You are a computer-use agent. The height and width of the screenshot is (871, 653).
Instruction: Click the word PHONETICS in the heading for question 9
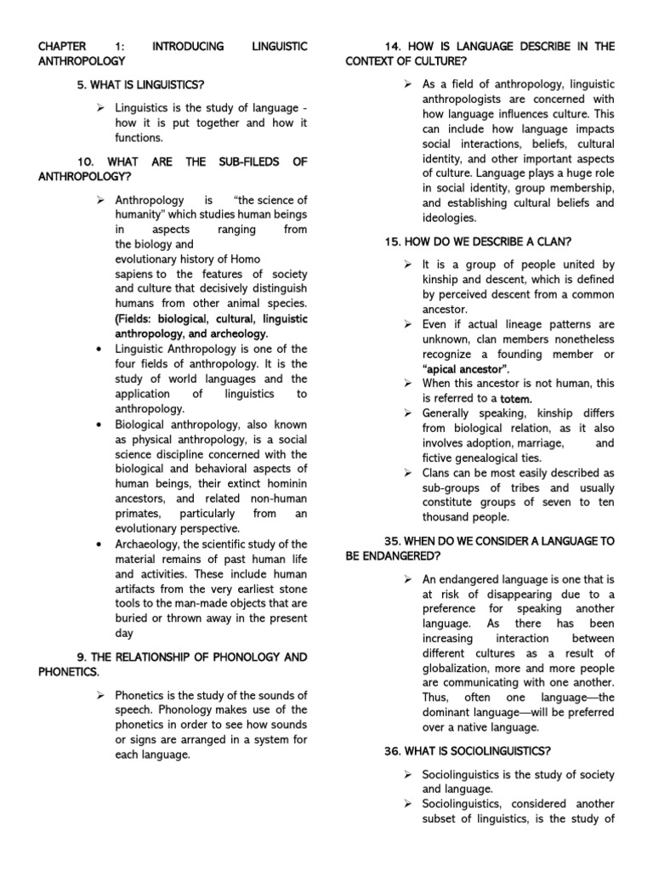pos(69,672)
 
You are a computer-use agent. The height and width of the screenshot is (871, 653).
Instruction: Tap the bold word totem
pos(515,398)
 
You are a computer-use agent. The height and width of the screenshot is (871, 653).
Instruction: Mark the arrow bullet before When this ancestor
pos(407,384)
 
